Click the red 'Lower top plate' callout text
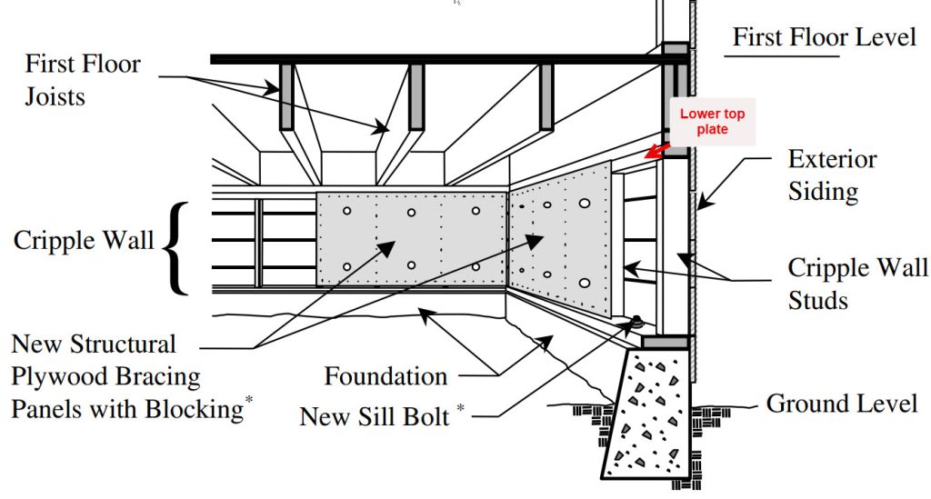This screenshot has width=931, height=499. (712, 121)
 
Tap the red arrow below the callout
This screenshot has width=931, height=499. (656, 151)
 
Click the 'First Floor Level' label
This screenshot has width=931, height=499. (825, 36)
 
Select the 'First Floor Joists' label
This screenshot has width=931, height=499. (83, 79)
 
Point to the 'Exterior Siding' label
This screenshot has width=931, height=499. (832, 175)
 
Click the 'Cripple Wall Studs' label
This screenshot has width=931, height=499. (857, 283)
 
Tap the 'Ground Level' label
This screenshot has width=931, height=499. (841, 404)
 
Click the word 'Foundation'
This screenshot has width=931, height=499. (385, 376)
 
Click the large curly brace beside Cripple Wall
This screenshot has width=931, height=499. (175, 248)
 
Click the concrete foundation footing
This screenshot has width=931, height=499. (647, 413)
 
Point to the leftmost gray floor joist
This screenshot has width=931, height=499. (286, 96)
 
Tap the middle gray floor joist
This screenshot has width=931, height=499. (416, 96)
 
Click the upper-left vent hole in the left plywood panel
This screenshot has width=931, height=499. (346, 211)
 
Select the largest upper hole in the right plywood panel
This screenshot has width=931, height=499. (585, 204)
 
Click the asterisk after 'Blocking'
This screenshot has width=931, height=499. (249, 399)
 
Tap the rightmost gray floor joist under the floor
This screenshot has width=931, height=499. (546, 96)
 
